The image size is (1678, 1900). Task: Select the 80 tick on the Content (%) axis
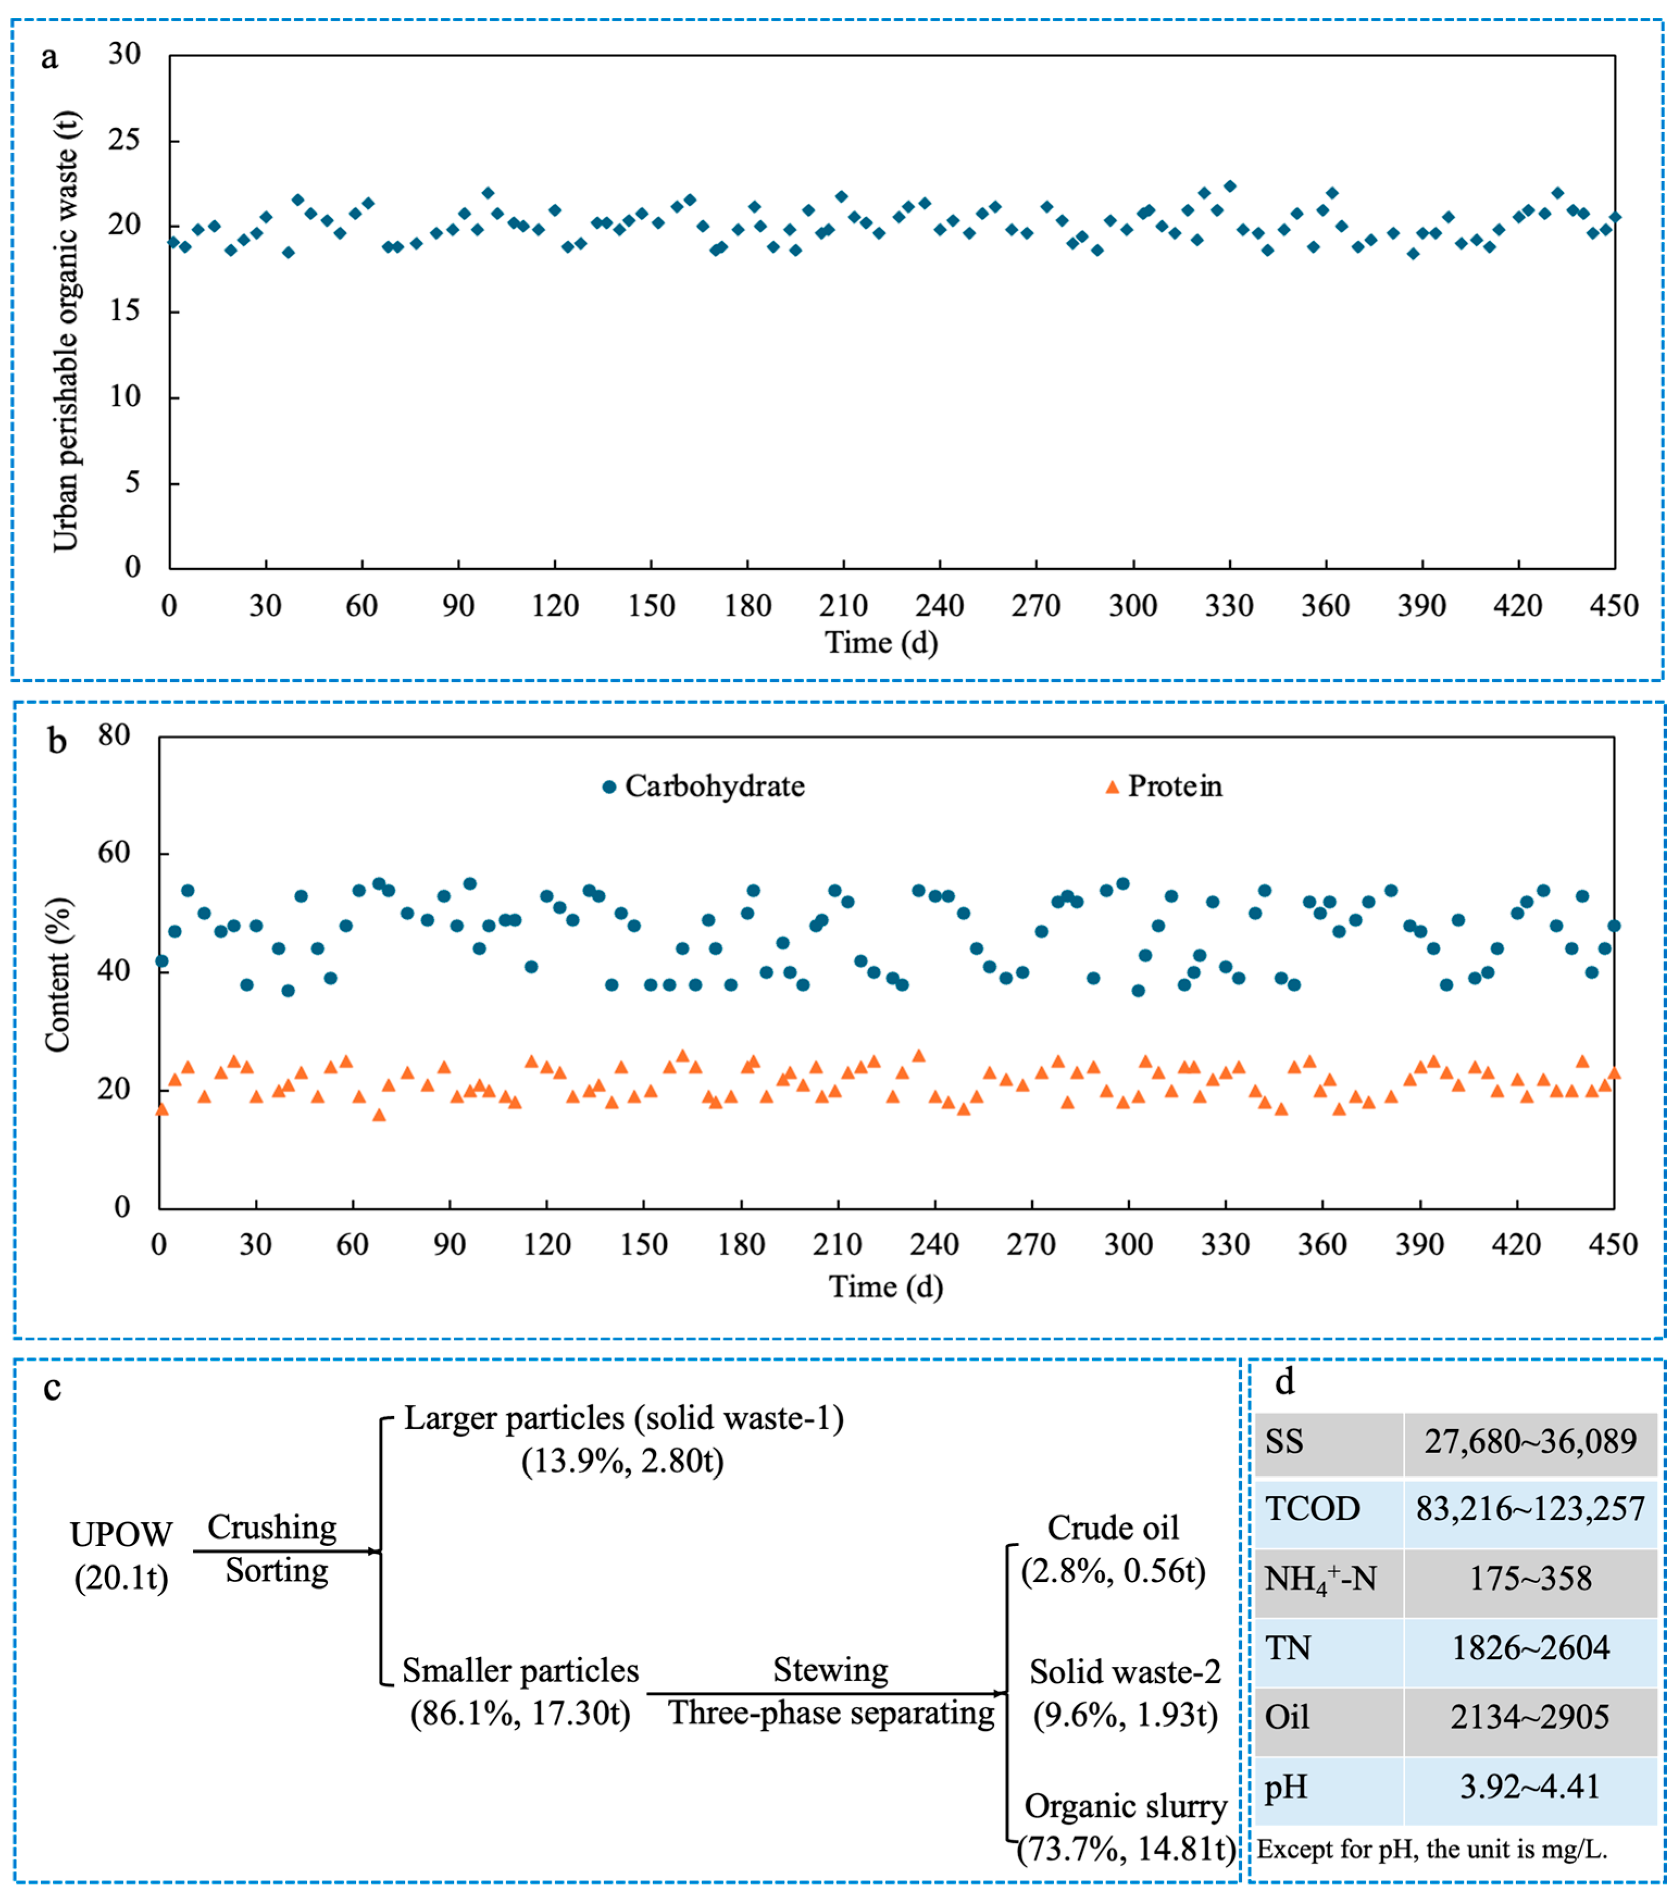(114, 736)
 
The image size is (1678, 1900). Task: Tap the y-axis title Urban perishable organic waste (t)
(65, 331)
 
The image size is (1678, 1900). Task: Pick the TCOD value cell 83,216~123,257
(1529, 1509)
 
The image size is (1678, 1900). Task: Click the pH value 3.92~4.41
(1529, 1786)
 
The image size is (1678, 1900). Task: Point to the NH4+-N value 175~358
(1529, 1578)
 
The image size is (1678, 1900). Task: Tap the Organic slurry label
(1125, 1805)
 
